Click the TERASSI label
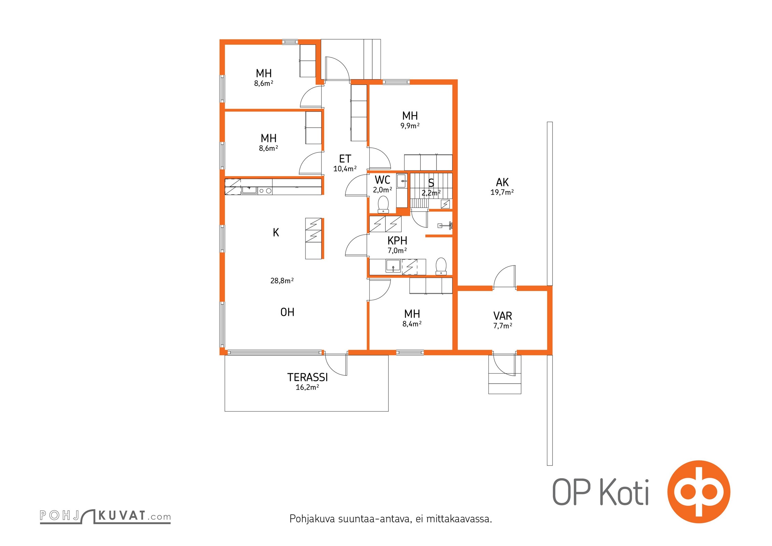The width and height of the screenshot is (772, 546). pos(308,377)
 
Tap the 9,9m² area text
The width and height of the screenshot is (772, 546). pos(410,126)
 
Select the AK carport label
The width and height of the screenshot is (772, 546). pos(502,182)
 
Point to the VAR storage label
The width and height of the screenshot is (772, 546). pos(503,316)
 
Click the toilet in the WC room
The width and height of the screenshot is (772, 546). pos(383,204)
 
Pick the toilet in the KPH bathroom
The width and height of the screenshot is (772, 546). pos(441,266)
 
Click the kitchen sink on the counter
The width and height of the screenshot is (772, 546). pos(249,190)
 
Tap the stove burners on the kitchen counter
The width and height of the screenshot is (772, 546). pos(265,191)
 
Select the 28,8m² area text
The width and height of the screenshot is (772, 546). pos(282,281)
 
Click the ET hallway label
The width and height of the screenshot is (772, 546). pos(345,159)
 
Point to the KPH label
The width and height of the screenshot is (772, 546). pos(397,241)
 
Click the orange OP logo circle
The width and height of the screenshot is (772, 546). pos(699,492)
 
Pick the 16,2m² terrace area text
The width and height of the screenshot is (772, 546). pos(308,387)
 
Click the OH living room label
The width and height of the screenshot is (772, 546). pos(287,312)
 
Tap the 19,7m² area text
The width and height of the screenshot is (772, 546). pos(502,192)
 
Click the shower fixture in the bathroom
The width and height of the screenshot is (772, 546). pos(445,225)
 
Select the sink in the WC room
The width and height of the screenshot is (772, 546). pos(402,181)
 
